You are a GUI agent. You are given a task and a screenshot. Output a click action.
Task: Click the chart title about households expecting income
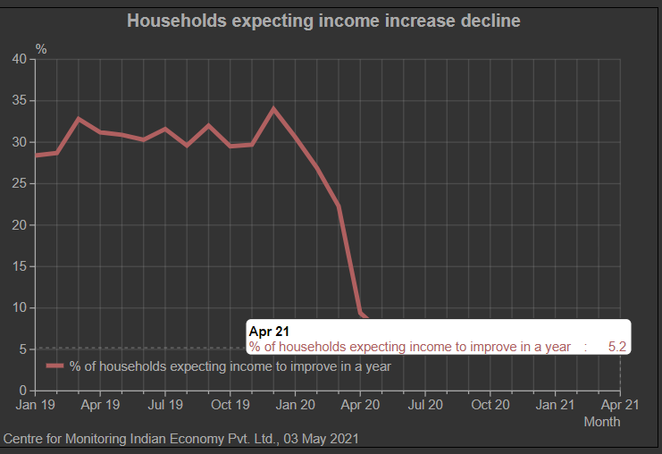[x=323, y=20]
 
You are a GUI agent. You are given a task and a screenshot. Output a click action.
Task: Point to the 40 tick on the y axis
[x=20, y=59]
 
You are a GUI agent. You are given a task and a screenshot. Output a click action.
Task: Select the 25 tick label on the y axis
[x=20, y=183]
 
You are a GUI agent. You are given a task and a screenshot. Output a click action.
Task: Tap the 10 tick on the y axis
[x=20, y=308]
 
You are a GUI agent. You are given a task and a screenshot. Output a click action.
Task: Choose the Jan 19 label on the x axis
[x=36, y=405]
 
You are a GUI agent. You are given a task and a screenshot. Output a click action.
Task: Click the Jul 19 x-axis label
[x=165, y=405]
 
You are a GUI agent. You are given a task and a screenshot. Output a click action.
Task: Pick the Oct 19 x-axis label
[x=230, y=405]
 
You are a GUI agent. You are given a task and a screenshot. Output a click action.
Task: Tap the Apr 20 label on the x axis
[x=360, y=405]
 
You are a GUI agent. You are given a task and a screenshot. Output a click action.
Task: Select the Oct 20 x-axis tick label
[x=490, y=405]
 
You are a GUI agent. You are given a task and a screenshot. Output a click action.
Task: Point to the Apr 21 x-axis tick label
[x=619, y=405]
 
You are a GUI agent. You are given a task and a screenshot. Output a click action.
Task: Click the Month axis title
[x=601, y=422]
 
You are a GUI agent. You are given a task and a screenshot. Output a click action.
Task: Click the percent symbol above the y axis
[x=41, y=47]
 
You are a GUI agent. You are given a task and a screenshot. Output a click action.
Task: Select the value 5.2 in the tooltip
[x=616, y=347]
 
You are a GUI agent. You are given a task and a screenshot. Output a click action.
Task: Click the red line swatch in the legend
[x=55, y=366]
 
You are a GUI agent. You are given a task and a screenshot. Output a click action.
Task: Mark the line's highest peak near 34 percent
[x=273, y=108]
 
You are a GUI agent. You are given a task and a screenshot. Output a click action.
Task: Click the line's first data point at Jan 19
[x=36, y=156]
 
